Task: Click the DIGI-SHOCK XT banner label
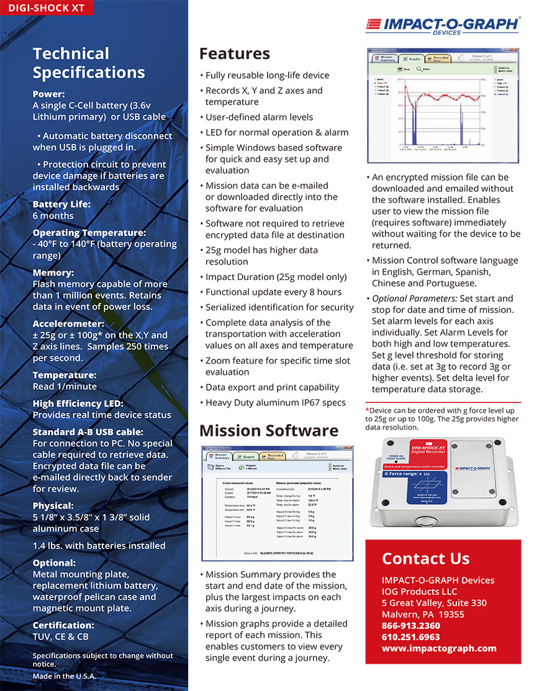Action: tap(47, 8)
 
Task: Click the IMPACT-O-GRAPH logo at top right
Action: tap(443, 25)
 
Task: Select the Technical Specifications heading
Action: tap(89, 63)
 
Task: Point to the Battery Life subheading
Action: tap(61, 204)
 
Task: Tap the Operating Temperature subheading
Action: tap(89, 232)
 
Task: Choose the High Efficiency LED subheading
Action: tap(78, 404)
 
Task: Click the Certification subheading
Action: tap(63, 625)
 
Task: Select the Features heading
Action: tap(235, 53)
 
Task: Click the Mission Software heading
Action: tap(269, 430)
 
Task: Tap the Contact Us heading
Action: tap(425, 558)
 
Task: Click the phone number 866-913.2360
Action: tap(410, 625)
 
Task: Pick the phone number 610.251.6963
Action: tap(410, 637)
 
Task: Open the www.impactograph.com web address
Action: tap(439, 648)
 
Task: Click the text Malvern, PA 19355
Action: tap(423, 614)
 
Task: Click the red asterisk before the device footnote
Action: tap(367, 410)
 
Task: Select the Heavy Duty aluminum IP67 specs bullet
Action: tap(272, 402)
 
